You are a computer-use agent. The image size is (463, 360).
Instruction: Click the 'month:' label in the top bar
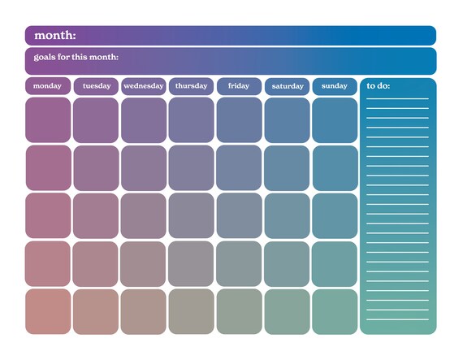(x=55, y=36)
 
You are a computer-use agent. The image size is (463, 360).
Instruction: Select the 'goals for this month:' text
(x=76, y=57)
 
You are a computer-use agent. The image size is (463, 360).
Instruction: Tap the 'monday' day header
(x=48, y=86)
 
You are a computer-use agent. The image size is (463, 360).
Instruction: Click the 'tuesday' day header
(x=96, y=86)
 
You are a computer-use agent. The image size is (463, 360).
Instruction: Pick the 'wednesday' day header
(x=144, y=86)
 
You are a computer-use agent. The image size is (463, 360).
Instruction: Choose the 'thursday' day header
(x=191, y=86)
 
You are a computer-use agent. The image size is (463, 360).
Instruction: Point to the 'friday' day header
(x=239, y=86)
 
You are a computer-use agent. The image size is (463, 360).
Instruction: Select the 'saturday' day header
(x=287, y=86)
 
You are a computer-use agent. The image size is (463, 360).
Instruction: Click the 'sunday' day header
(x=335, y=86)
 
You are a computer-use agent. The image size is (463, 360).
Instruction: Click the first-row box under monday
(x=48, y=120)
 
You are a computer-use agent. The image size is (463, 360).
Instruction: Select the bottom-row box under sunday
(x=335, y=312)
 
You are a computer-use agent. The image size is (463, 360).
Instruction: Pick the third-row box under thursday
(x=191, y=216)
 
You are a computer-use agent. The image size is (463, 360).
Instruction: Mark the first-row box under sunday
(x=335, y=120)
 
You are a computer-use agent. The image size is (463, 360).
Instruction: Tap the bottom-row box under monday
(x=48, y=312)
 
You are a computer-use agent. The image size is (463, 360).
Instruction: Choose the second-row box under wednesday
(x=144, y=168)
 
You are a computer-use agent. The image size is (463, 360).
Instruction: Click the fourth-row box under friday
(x=239, y=264)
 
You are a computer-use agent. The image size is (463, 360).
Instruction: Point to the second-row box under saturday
(x=287, y=168)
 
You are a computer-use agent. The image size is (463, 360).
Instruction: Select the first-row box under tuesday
(x=96, y=120)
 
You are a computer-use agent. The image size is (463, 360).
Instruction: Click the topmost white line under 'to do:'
(x=397, y=99)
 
